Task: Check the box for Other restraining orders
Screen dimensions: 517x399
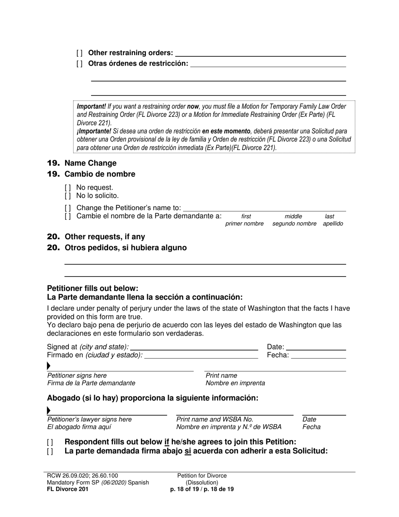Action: click(79, 53)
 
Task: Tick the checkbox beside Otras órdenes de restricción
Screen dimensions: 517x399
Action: click(79, 64)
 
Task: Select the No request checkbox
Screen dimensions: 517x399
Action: click(68, 187)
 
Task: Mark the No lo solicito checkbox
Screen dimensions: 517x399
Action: click(68, 196)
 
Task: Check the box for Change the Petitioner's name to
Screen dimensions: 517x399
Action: click(68, 208)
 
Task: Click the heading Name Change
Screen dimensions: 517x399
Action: click(90, 163)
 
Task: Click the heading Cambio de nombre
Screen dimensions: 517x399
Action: click(100, 174)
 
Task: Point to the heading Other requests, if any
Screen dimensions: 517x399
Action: click(105, 237)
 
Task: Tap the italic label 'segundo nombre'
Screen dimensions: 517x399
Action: click(294, 224)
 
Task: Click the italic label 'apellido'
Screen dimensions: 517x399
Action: click(333, 224)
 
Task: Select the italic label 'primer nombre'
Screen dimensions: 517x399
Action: click(244, 224)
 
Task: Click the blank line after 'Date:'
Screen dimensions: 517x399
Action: click(316, 347)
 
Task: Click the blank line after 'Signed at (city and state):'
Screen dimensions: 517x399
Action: click(194, 347)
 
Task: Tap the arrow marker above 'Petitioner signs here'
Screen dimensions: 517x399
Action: click(49, 367)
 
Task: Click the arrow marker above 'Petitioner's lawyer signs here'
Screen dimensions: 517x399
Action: click(49, 411)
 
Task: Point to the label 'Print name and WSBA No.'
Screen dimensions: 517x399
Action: click(215, 419)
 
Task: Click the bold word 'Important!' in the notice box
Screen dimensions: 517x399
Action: click(91, 107)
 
